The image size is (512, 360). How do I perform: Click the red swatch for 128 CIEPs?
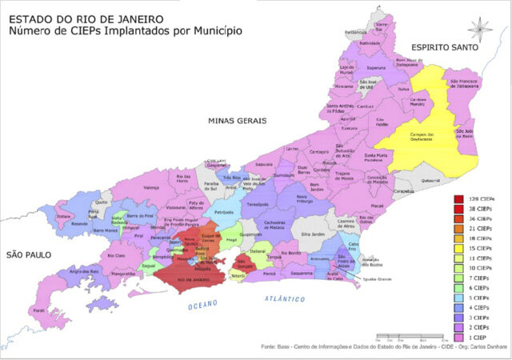pyautogui.click(x=460, y=198)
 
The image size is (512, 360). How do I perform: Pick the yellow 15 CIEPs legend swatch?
pyautogui.click(x=460, y=248)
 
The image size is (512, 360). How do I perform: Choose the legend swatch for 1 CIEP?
pyautogui.click(x=460, y=338)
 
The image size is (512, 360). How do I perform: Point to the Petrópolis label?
pyautogui.click(x=224, y=212)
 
